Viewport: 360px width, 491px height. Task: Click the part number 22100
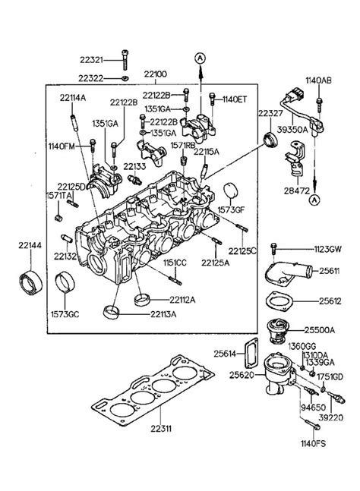156,74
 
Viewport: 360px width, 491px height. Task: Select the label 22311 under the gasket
161,428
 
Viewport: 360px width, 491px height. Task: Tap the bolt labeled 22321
125,59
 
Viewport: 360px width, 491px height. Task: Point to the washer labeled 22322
125,77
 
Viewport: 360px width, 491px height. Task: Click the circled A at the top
201,58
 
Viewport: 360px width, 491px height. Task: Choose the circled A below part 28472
315,200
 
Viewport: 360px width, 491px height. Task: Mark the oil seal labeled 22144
31,282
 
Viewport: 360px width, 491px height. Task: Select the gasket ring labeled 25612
279,302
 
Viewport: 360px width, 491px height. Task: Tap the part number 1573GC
65,314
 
